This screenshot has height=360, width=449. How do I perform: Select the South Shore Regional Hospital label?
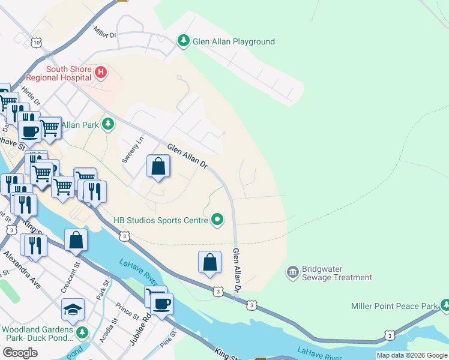69,73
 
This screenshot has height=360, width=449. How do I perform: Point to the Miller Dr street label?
105,32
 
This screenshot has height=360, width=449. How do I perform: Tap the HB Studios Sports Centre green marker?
217,220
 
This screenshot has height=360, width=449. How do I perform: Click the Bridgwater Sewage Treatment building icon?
292,272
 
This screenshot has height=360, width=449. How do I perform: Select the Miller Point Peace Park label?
394,306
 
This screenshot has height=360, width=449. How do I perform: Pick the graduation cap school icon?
73,309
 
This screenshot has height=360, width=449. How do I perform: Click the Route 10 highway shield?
37,43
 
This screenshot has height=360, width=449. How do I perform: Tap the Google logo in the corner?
20,353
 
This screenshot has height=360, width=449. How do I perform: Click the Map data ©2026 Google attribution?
411,355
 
